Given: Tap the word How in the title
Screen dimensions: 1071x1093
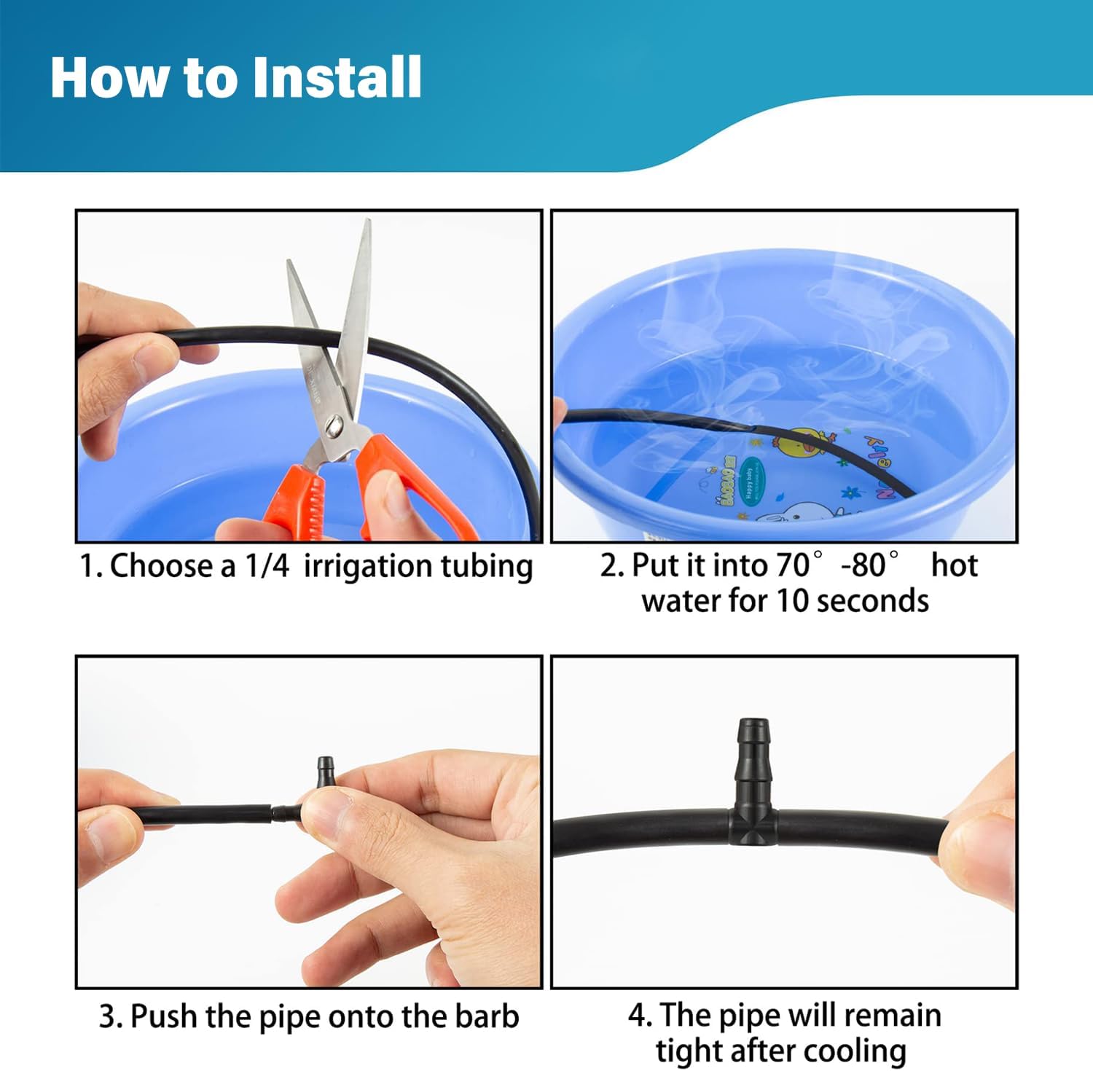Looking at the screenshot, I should click(109, 77).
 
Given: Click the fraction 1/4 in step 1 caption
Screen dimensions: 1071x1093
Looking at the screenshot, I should click(267, 566).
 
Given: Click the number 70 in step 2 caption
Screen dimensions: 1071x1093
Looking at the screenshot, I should click(793, 565).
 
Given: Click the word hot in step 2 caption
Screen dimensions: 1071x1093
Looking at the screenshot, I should click(954, 565).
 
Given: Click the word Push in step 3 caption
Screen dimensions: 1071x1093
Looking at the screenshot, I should click(165, 1016).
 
